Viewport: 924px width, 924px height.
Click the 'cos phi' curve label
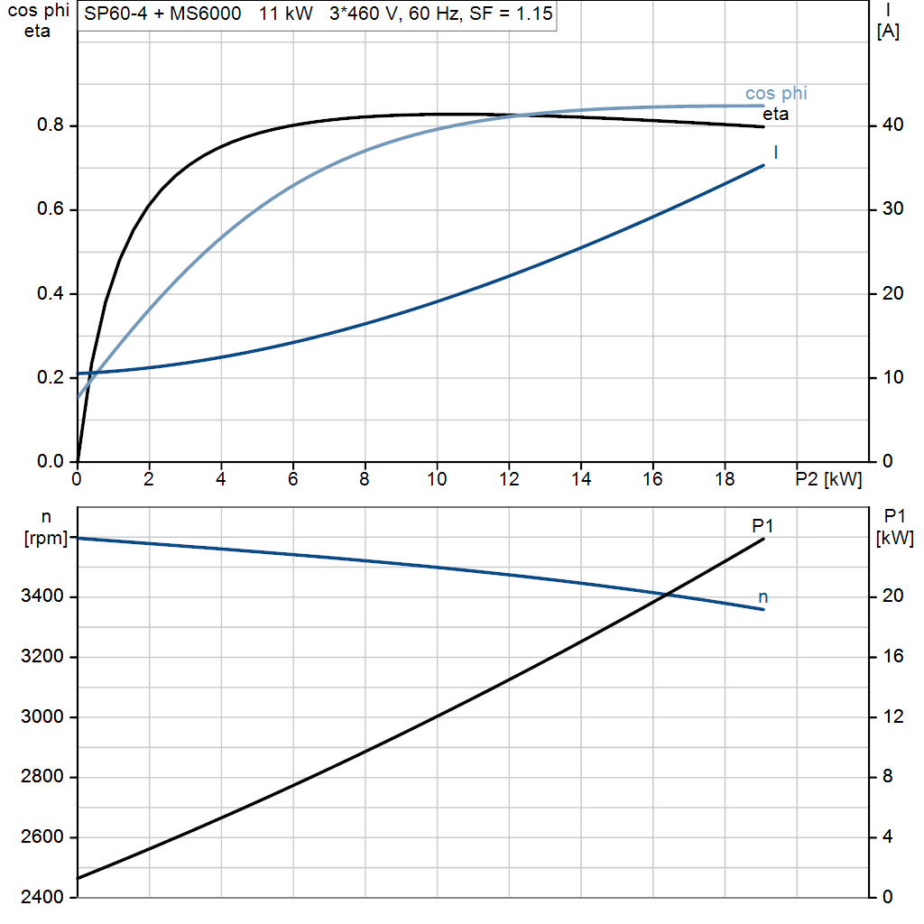[776, 93]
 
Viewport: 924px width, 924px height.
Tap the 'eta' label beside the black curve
[775, 115]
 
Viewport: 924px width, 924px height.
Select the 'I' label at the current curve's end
[776, 152]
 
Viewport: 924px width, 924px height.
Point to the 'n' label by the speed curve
[763, 596]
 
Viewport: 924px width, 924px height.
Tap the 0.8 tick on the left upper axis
[51, 125]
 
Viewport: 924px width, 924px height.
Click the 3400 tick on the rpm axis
[42, 596]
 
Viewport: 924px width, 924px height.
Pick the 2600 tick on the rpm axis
[42, 837]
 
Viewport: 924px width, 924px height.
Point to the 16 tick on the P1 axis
[892, 656]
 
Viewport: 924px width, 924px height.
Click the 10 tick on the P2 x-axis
[437, 479]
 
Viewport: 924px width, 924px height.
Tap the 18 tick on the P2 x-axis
[725, 479]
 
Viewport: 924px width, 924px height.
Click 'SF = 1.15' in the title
[508, 14]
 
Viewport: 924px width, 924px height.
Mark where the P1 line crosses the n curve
[666, 594]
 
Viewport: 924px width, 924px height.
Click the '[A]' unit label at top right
[888, 32]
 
